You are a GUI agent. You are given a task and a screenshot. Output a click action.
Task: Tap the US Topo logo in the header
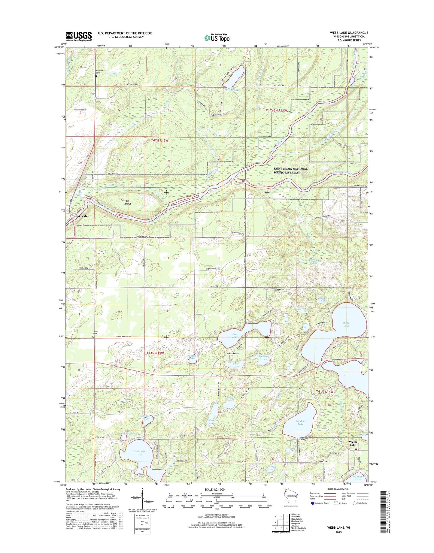tap(217, 38)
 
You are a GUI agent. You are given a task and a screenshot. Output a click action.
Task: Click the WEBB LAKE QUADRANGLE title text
tap(349, 33)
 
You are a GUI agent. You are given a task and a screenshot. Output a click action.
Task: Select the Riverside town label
tap(81, 216)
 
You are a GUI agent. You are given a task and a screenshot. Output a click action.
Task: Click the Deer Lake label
tap(235, 335)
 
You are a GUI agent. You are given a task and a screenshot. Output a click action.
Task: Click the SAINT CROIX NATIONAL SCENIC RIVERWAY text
tap(290, 171)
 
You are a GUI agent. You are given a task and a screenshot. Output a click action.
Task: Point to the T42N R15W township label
tap(160, 140)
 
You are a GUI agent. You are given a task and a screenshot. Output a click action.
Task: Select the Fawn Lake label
tap(236, 365)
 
